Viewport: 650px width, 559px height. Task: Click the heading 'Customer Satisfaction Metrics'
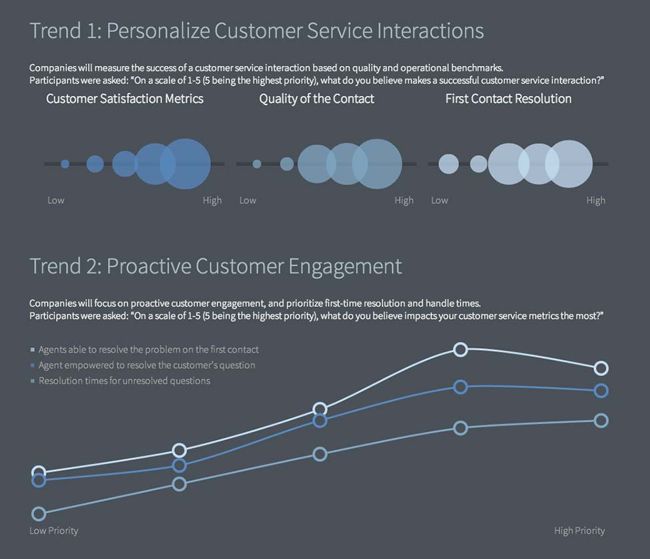pos(125,98)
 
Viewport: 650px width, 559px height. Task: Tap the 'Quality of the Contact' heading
pos(316,98)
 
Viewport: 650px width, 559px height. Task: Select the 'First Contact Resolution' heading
pos(508,98)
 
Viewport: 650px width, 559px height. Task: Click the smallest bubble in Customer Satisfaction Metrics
pos(65,164)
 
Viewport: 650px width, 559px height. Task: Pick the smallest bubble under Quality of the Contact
pos(257,164)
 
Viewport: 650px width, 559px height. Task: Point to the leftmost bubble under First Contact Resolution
pos(449,164)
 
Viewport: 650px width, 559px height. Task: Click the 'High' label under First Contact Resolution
pos(595,200)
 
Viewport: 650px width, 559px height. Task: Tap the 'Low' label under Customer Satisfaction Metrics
pos(56,200)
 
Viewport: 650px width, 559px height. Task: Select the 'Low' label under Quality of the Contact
pos(248,200)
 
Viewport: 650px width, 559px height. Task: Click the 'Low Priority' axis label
pos(54,530)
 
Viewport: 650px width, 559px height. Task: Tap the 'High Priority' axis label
pos(579,530)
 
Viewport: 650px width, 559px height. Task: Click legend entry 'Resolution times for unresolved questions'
pos(124,381)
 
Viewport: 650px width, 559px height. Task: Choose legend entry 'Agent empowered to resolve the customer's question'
pos(147,365)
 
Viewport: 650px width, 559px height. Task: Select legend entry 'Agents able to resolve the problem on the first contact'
pos(149,349)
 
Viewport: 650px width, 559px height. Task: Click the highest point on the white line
pos(460,349)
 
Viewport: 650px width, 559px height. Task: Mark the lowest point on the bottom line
pos(39,514)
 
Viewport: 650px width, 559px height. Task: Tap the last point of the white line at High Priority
pos(601,368)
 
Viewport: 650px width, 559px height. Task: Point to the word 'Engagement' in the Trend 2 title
pos(345,266)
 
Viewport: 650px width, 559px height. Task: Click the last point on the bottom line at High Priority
pos(601,421)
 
